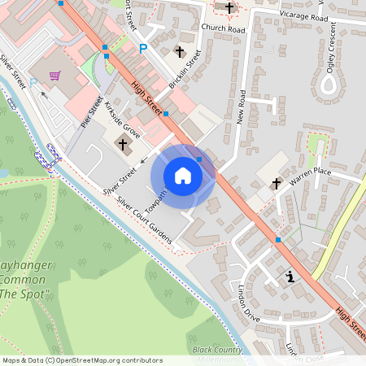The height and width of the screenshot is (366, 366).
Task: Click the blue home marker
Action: tap(183, 175)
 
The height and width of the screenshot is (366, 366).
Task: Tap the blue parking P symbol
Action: tap(143, 49)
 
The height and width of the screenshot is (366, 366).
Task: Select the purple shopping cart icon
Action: tap(54, 76)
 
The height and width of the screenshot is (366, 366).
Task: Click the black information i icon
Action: tap(290, 277)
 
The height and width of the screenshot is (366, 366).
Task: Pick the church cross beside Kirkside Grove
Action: tap(124, 146)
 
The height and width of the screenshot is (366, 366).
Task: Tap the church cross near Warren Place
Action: tap(276, 183)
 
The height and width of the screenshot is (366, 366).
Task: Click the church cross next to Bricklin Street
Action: tap(180, 52)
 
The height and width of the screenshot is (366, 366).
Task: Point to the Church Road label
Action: tap(223, 28)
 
